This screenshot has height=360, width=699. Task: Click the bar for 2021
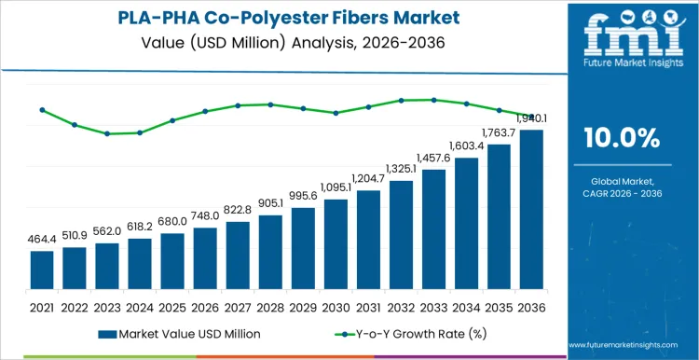42,271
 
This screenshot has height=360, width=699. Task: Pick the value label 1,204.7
368,178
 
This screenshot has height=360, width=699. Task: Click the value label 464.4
42,240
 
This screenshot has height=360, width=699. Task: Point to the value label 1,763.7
499,132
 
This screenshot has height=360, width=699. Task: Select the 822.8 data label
238,210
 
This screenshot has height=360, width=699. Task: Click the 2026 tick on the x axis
205,306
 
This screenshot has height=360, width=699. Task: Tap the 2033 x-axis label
433,306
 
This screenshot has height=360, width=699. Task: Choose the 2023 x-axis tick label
107,306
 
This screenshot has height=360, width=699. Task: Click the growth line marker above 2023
107,133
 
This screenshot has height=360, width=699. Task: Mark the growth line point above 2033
433,100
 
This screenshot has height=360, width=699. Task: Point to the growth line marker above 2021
42,110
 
